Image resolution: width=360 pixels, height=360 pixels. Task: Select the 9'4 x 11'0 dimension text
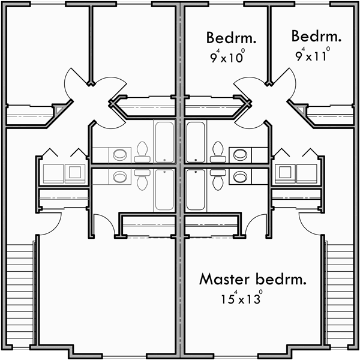[x=313, y=56]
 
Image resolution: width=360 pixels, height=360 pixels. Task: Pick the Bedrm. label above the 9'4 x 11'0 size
[x=316, y=37]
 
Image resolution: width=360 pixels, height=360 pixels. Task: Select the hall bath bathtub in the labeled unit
[x=196, y=141]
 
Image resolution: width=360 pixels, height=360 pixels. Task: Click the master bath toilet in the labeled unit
[x=217, y=177]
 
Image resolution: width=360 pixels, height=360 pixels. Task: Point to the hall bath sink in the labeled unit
[x=241, y=154]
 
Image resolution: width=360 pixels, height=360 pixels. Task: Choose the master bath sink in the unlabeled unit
[x=120, y=177]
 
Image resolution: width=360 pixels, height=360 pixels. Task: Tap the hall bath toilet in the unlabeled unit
[x=143, y=150]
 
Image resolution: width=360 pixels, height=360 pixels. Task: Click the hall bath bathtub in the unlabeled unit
[x=164, y=141]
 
